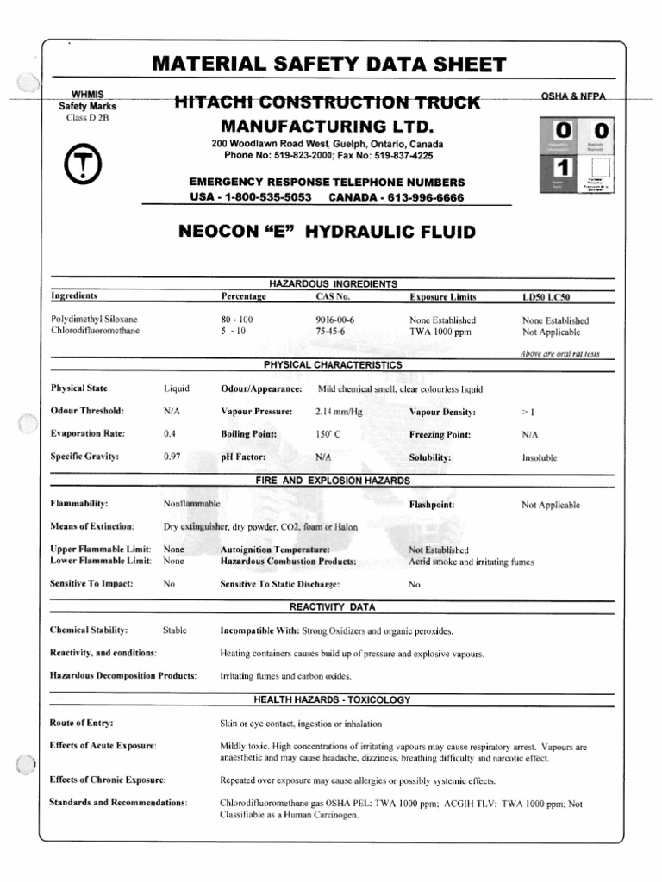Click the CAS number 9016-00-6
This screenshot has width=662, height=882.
coord(335,320)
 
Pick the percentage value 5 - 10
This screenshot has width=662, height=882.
coord(234,331)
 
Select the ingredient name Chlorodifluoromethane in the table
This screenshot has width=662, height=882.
coord(95,331)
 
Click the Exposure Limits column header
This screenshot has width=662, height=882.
coord(442,296)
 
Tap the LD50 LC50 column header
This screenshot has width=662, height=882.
coord(546,296)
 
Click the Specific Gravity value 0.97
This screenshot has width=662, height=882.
coord(172,457)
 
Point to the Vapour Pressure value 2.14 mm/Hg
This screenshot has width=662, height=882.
coord(340,412)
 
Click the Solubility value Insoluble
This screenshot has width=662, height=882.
coord(539,457)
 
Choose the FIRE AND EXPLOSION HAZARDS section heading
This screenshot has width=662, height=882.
coord(332,480)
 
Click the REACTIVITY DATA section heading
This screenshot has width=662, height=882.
coord(332,606)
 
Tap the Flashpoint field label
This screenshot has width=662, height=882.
coord(432,504)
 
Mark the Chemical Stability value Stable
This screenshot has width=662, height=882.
coord(174,630)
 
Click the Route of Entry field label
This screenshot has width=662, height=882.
coord(82,723)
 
